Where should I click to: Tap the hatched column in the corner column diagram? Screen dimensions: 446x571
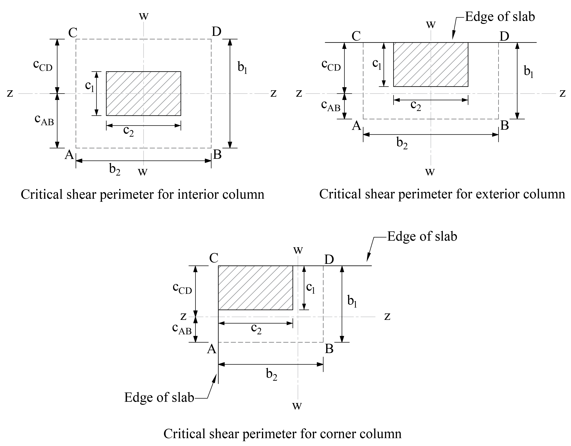coord(256,288)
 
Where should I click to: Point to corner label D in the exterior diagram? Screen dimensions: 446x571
coord(504,36)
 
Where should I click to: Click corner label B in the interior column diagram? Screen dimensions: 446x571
coord(217,155)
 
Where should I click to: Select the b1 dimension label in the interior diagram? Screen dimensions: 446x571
coord(242,67)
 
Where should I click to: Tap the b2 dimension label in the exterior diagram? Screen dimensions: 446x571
coord(402,143)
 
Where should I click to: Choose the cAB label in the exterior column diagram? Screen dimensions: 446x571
coord(331,105)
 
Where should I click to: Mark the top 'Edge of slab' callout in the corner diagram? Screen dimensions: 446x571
coord(422,236)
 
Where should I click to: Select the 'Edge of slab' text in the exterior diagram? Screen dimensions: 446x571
coord(500,17)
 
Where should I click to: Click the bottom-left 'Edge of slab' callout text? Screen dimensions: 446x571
coord(159,397)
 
